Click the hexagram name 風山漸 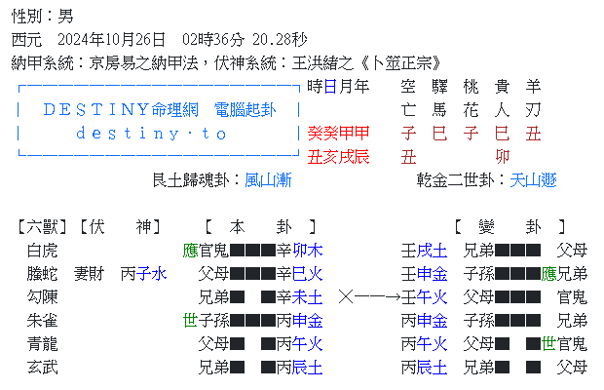tap(268, 180)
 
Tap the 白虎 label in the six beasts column tap(43, 251)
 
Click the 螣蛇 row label tap(43, 274)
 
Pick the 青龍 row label tap(43, 344)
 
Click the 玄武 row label tap(43, 368)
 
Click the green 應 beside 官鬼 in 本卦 tap(190, 251)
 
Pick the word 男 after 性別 tap(65, 17)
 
